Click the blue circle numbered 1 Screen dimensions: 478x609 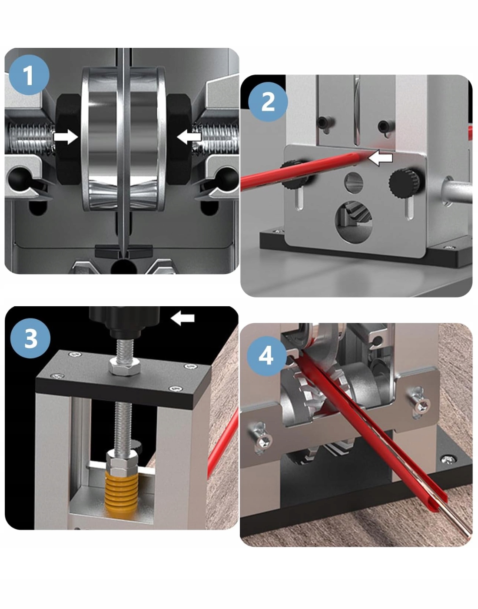(x=29, y=75)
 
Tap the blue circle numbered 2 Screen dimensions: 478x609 (x=268, y=102)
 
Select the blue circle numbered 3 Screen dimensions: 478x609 (x=30, y=338)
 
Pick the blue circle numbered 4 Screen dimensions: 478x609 (x=266, y=356)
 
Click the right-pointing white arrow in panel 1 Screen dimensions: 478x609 (x=66, y=137)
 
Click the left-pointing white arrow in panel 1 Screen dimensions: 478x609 (x=189, y=137)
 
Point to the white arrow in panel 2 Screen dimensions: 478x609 (x=380, y=158)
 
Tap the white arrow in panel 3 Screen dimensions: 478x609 (x=183, y=318)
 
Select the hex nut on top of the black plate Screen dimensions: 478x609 (x=125, y=368)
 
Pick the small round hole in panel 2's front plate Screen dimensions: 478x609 (x=353, y=183)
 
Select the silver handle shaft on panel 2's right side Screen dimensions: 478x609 (x=458, y=192)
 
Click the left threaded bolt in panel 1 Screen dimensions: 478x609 (x=31, y=138)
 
